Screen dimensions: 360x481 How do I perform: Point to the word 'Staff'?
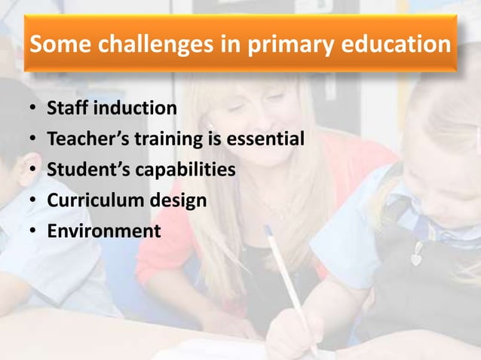66,109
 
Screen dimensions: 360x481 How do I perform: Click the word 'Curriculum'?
93,200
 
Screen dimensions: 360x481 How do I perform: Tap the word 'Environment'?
103,230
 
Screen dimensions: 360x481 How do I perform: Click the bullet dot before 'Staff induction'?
32,110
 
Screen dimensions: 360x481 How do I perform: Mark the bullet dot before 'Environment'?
32,231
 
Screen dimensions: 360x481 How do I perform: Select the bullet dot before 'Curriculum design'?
32,201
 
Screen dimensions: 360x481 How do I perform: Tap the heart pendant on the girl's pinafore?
416,257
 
